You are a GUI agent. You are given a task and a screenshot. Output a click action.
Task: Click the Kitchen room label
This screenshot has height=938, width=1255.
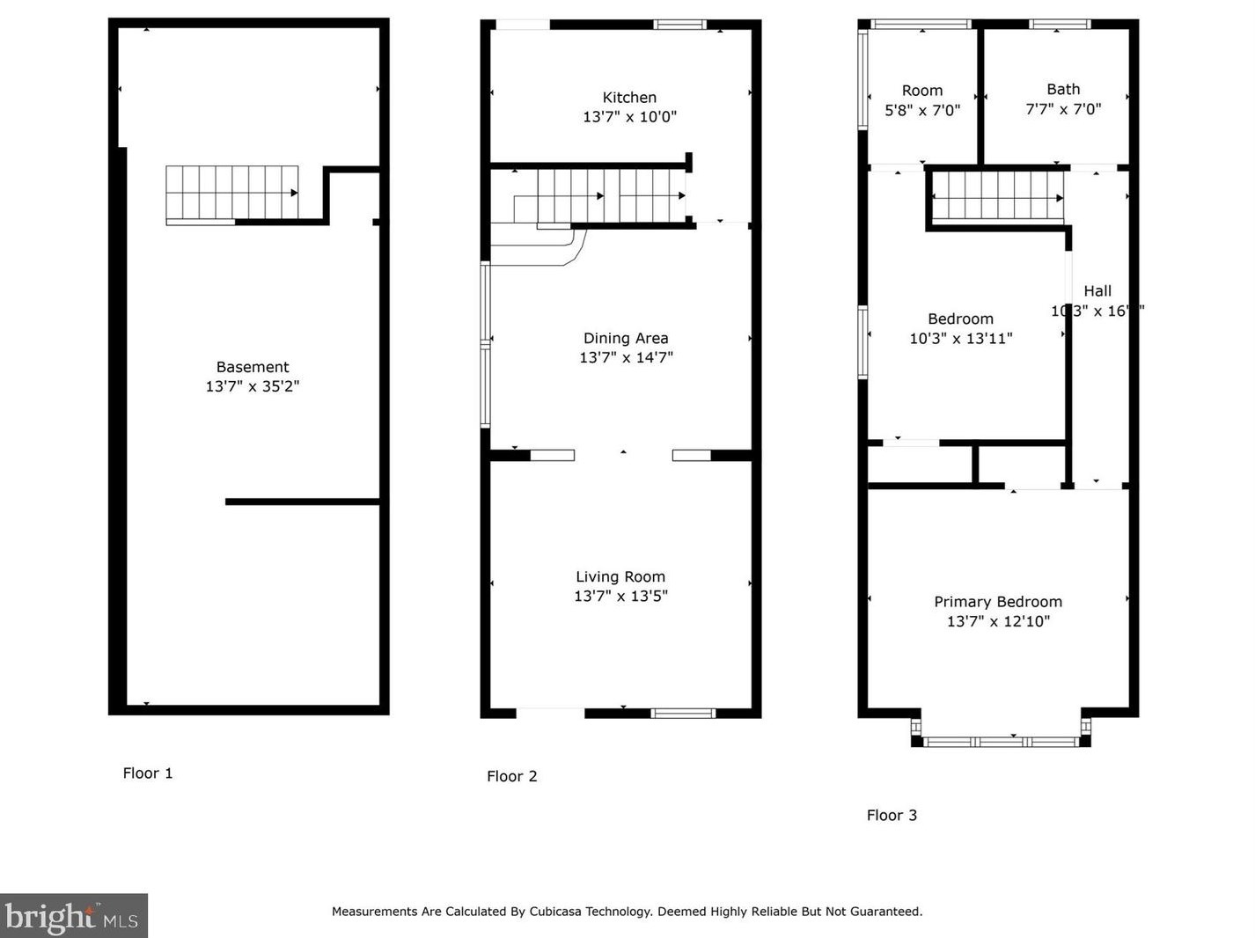click(629, 98)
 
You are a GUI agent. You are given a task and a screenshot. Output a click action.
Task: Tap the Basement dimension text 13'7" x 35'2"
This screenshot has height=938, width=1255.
click(253, 386)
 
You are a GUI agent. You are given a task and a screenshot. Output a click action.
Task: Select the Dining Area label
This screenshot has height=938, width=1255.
click(626, 338)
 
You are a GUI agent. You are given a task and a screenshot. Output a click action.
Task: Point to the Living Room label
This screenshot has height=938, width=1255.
click(620, 576)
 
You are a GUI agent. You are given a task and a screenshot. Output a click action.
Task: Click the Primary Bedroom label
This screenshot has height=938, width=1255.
click(998, 602)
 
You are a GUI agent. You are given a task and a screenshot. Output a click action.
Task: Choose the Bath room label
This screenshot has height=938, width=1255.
click(1063, 90)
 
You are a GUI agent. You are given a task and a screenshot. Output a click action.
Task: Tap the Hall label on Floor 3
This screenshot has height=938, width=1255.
click(1097, 291)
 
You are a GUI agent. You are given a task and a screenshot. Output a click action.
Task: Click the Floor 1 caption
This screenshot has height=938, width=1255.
click(148, 773)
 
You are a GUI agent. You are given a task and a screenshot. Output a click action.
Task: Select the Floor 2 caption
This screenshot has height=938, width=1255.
click(512, 776)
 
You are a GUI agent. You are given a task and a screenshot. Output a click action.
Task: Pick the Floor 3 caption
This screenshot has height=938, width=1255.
click(892, 816)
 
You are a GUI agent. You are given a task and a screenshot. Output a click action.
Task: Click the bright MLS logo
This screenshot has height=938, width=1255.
click(73, 917)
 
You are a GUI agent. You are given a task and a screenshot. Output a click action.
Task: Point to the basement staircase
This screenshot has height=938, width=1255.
click(231, 193)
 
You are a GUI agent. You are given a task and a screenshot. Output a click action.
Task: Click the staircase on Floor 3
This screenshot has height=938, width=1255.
click(997, 195)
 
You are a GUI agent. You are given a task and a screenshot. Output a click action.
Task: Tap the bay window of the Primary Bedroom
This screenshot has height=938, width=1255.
click(1001, 742)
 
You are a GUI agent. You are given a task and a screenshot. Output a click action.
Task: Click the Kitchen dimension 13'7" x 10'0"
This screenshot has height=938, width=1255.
click(629, 117)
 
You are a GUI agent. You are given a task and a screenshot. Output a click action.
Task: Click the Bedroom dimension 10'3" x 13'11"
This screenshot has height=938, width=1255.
click(961, 339)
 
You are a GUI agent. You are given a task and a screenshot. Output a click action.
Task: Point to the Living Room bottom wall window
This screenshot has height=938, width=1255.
click(683, 713)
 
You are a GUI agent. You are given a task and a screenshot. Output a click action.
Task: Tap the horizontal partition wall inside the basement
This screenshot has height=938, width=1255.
click(302, 502)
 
